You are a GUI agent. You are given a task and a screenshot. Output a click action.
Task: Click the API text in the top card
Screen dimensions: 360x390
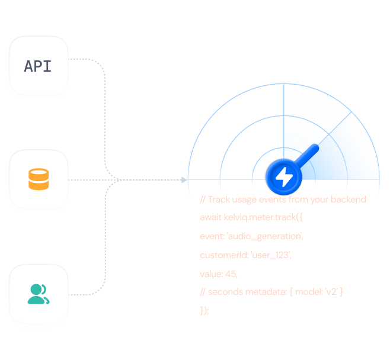point(38,66)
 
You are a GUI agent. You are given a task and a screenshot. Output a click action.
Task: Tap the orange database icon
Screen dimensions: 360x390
point(39,179)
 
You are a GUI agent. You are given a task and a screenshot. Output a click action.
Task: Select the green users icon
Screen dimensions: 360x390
point(38,294)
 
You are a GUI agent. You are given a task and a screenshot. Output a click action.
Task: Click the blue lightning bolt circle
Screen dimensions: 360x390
point(284,176)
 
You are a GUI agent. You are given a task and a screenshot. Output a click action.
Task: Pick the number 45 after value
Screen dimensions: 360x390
point(232,274)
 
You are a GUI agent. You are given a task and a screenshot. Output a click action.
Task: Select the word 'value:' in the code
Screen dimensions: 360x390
point(212,274)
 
